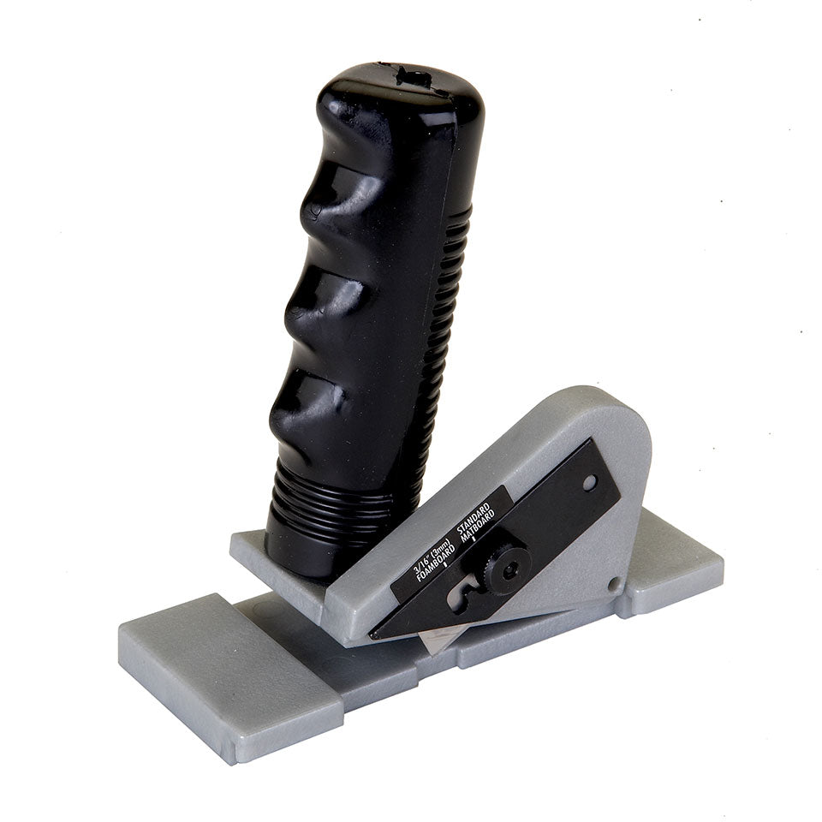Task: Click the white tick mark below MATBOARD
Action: tap(498, 537)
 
